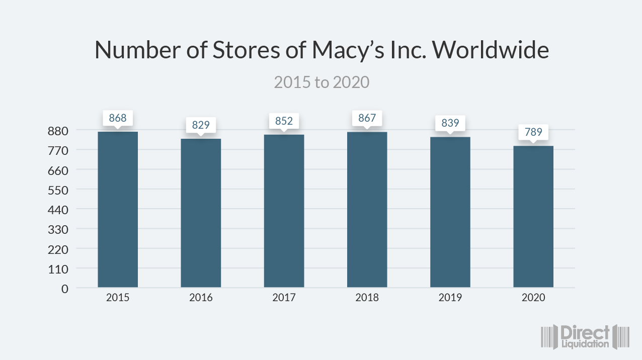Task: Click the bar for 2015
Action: pos(118,209)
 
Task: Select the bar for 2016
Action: pos(201,213)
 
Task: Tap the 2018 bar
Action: pos(367,209)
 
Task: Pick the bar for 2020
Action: pos(533,216)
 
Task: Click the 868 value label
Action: pos(118,119)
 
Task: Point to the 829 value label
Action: pos(201,125)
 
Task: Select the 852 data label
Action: pos(284,121)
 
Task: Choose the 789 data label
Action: pos(533,133)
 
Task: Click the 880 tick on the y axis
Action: pos(57,131)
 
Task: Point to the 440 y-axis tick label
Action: pos(57,210)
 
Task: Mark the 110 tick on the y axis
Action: pos(57,269)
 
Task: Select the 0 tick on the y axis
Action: pos(64,289)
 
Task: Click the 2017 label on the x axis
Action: pos(284,298)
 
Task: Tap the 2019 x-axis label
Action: pos(450,298)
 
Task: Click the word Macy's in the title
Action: pos(347,50)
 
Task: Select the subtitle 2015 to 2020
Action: pos(322,82)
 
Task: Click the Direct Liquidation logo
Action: pos(586,336)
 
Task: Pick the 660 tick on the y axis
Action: pos(57,170)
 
